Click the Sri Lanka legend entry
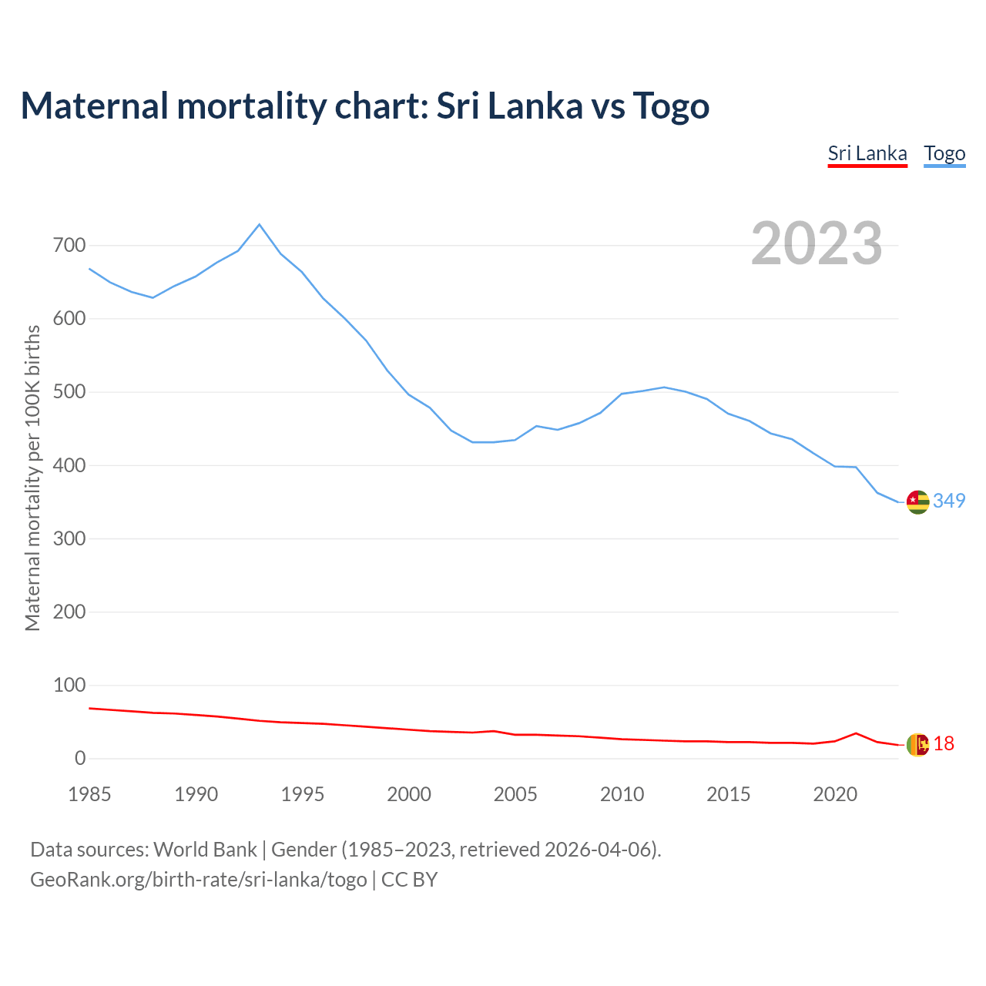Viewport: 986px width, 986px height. tap(867, 153)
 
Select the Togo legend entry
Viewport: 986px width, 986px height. tap(944, 153)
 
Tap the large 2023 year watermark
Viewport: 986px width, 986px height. tap(817, 243)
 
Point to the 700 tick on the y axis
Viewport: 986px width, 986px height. tap(69, 246)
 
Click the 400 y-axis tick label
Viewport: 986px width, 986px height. tap(69, 465)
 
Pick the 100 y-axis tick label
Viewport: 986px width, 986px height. tap(69, 685)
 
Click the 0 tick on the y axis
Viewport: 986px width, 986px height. tap(80, 759)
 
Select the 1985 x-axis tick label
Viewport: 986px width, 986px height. tap(89, 794)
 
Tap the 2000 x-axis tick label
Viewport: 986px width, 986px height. tap(409, 794)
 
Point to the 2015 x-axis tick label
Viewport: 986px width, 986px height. tap(729, 794)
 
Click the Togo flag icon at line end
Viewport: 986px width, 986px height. tap(917, 501)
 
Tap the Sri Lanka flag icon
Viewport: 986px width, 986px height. tap(917, 744)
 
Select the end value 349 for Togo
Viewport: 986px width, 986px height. tap(949, 501)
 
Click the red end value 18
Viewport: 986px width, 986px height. tap(944, 743)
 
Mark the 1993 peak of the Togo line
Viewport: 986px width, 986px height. tap(259, 224)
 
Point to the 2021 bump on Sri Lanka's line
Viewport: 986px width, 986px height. tap(856, 733)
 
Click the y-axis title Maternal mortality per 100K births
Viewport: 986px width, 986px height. tap(32, 478)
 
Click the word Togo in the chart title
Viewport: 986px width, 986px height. tap(671, 106)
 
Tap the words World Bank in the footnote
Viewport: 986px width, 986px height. tap(205, 850)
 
